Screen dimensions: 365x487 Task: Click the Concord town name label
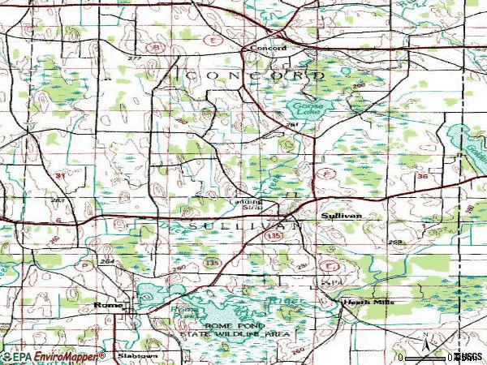(268, 48)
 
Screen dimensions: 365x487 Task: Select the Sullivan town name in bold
(340, 217)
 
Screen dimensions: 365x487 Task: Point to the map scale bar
(426, 356)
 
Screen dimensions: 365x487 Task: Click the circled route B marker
(153, 47)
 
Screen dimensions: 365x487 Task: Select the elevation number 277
(134, 59)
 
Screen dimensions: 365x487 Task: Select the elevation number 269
(395, 243)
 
